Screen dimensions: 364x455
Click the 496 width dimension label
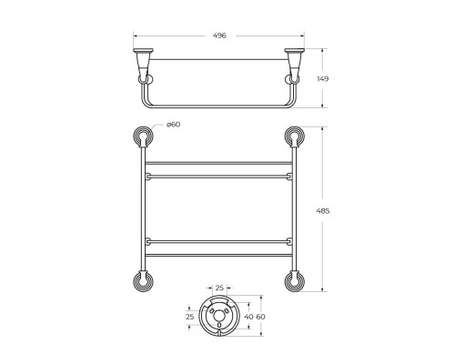219,35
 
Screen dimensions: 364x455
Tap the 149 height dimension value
323,79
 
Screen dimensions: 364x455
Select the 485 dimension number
323,211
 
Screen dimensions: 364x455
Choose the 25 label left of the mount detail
190,316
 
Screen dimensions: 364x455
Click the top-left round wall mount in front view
143,137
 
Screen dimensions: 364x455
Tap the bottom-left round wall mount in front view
143,280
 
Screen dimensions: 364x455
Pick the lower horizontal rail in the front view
218,244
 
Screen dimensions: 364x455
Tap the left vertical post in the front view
143,209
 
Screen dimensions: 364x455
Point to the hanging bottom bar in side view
219,103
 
